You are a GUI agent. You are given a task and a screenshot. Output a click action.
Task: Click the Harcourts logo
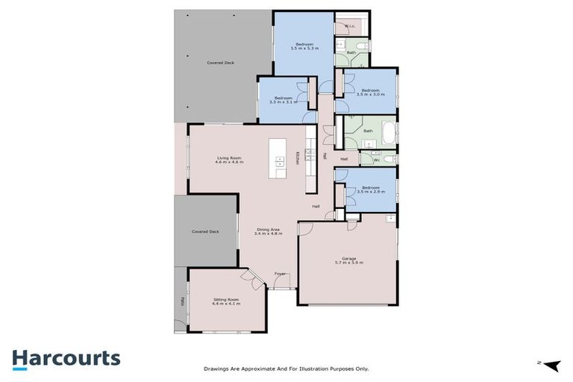(x=66, y=358)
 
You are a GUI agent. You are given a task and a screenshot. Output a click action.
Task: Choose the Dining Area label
(x=269, y=231)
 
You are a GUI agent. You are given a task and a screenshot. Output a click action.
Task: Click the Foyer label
(x=281, y=274)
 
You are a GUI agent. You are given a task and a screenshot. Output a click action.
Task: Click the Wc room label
(x=376, y=160)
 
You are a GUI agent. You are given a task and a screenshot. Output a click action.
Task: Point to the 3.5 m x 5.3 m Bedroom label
(x=304, y=46)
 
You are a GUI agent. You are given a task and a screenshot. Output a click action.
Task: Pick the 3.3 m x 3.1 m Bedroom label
(x=284, y=100)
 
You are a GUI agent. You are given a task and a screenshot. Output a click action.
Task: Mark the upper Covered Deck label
(x=221, y=63)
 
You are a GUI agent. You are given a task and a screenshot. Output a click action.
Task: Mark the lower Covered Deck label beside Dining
(x=205, y=232)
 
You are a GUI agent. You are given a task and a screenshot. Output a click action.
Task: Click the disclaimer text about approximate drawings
(x=286, y=368)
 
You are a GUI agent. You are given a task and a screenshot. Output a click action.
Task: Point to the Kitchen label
(x=298, y=158)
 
